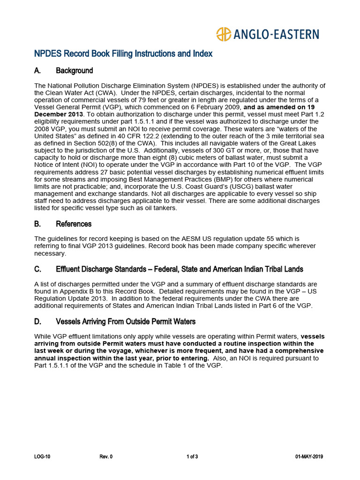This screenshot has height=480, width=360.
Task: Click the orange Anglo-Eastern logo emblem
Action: [x=224, y=34]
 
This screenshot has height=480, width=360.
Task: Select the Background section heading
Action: [x=74, y=71]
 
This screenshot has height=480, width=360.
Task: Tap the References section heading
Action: [x=74, y=224]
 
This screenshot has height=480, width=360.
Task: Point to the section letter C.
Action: [x=37, y=269]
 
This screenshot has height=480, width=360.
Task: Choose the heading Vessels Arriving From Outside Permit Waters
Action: [x=126, y=322]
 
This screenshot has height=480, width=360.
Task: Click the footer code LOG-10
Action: [x=42, y=457]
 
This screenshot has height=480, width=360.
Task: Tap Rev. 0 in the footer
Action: [x=106, y=457]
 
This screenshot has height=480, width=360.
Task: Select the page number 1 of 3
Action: [x=192, y=457]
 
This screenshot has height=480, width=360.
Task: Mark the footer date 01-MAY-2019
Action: [x=309, y=457]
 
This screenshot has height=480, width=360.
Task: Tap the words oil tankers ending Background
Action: [x=160, y=208]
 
